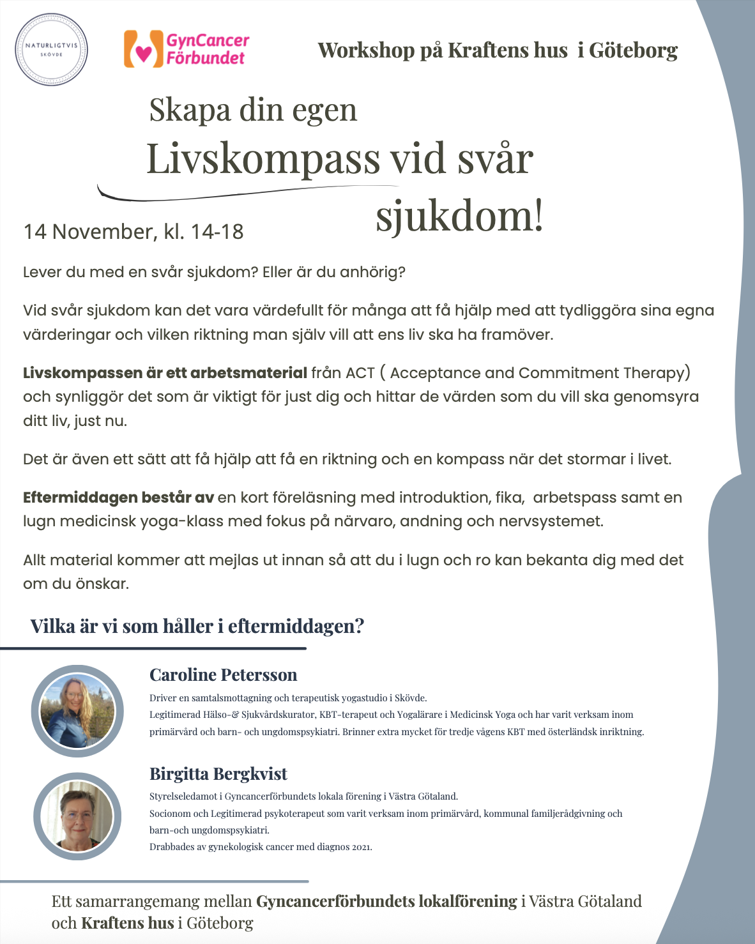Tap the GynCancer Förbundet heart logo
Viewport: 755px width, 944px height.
point(143,50)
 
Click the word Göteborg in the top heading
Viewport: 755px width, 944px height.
point(633,50)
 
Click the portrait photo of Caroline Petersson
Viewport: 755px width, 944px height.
point(77,711)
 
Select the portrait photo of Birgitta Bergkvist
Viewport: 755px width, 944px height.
point(77,817)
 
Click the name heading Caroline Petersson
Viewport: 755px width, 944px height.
point(223,675)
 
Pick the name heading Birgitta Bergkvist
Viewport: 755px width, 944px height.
point(218,774)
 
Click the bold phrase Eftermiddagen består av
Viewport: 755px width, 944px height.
point(118,498)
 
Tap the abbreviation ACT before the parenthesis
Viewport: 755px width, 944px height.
point(360,373)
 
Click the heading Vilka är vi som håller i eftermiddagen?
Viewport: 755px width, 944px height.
point(197,626)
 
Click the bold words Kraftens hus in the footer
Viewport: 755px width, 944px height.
point(127,923)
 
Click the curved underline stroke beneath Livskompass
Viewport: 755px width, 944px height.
point(249,192)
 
